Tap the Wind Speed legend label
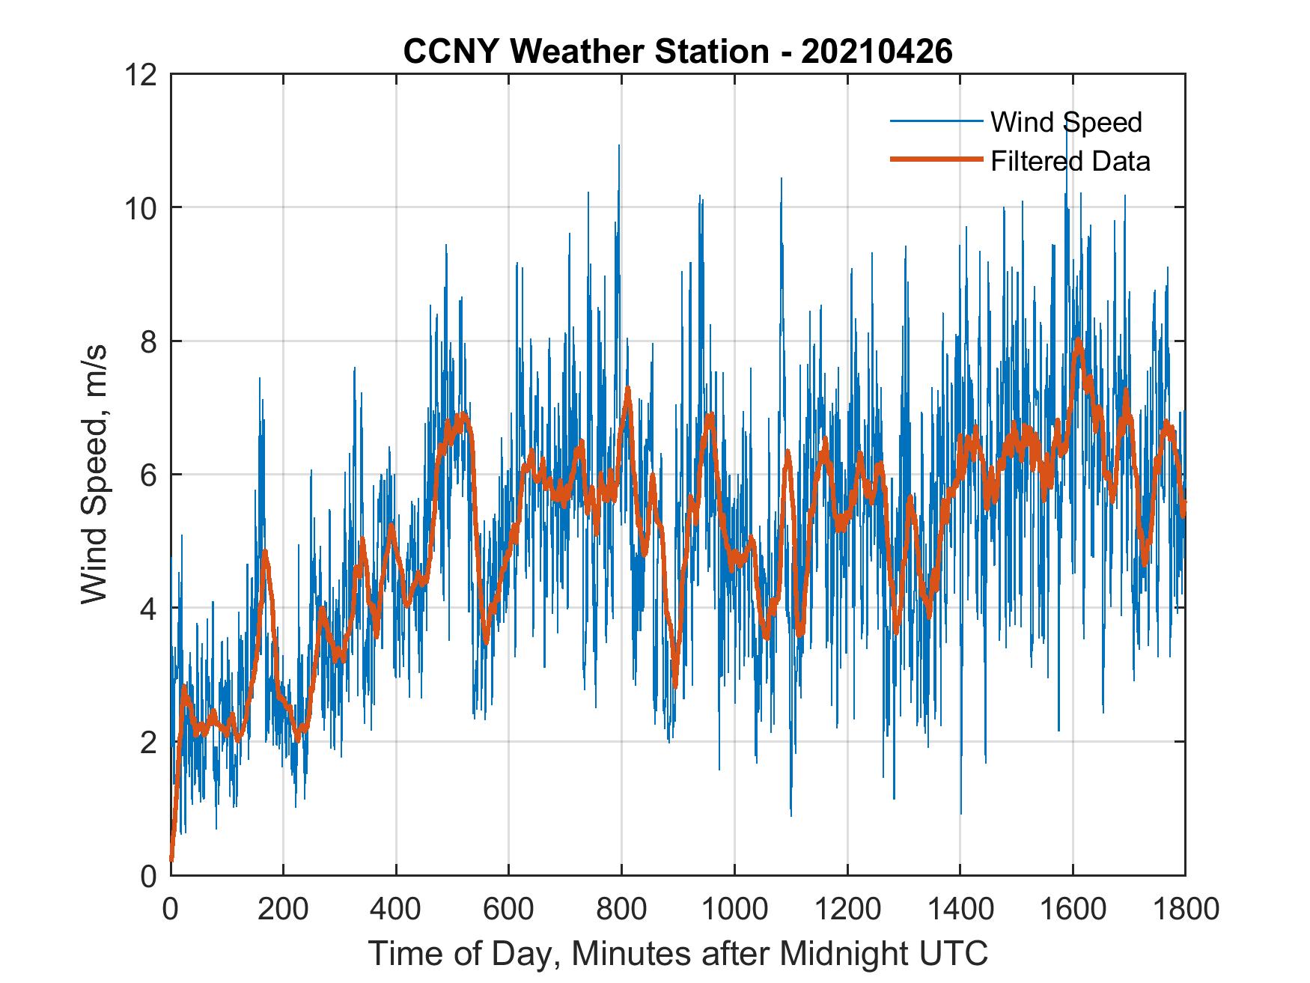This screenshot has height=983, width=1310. [1066, 122]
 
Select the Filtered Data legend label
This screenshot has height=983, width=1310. [1070, 161]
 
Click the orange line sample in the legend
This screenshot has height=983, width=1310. [936, 160]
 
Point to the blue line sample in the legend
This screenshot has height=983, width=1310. [936, 121]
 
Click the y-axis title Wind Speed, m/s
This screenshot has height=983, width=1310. [94, 474]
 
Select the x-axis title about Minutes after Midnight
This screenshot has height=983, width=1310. [677, 953]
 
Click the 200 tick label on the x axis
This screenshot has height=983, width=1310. [283, 909]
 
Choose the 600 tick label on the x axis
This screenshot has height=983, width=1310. [508, 909]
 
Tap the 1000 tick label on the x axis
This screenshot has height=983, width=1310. [734, 909]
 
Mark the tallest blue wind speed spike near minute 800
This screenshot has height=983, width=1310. [618, 147]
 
